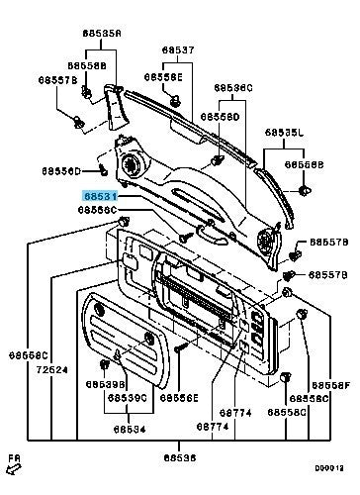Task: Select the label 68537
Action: coord(179,49)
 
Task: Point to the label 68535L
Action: coord(284,131)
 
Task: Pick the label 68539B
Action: coord(104,382)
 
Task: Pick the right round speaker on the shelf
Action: coord(264,238)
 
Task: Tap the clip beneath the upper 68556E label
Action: coord(174,97)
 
